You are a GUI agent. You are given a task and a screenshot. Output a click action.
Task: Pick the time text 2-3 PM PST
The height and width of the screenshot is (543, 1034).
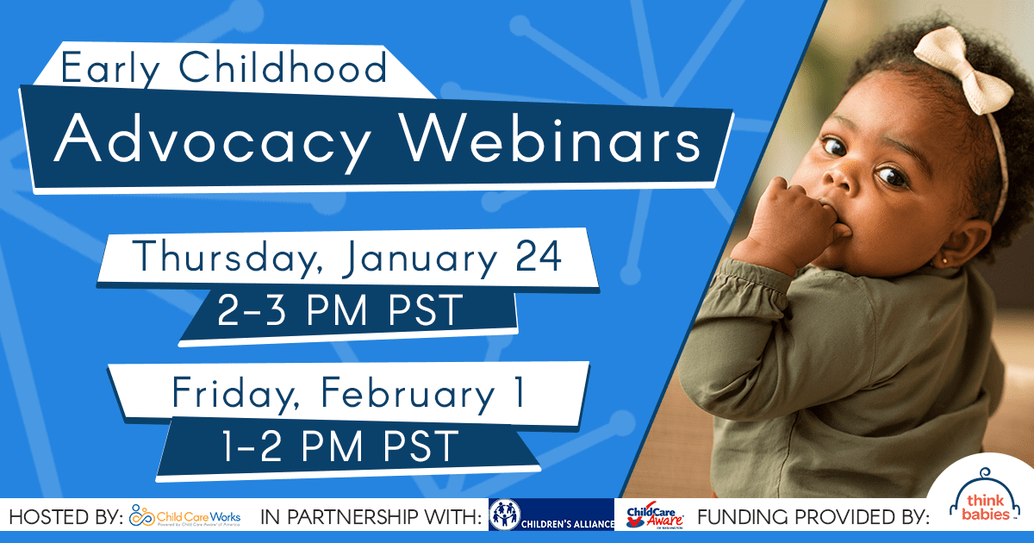(340, 312)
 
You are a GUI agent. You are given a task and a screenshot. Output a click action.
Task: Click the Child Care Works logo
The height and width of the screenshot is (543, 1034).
(184, 517)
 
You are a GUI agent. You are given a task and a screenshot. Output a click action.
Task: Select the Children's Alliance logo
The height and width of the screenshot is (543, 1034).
(551, 516)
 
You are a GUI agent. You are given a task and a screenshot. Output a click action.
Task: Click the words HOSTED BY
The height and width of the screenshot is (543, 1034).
(65, 518)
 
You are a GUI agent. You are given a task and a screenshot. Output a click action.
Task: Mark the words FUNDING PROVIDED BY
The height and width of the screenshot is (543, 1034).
(813, 518)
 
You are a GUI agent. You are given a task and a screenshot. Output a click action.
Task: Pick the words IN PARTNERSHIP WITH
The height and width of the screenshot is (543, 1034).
(371, 518)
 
